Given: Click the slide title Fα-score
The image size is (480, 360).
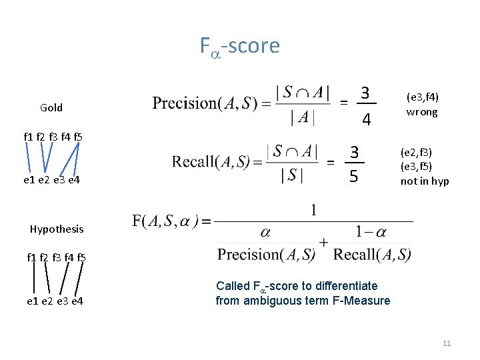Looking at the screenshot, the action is [x=239, y=46].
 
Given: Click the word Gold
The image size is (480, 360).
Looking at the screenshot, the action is [x=51, y=107].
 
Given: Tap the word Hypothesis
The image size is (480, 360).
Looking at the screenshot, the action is [x=57, y=229].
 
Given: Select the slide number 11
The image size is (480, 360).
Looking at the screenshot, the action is [x=447, y=343].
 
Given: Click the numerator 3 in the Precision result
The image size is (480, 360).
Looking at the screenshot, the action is [x=366, y=92].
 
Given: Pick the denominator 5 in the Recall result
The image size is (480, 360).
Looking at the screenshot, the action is [x=354, y=177].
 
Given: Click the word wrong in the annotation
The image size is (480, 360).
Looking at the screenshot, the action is [x=422, y=112].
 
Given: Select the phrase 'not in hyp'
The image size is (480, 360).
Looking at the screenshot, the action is [x=425, y=181].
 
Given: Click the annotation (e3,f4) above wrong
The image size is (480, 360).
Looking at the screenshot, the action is [x=422, y=97].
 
